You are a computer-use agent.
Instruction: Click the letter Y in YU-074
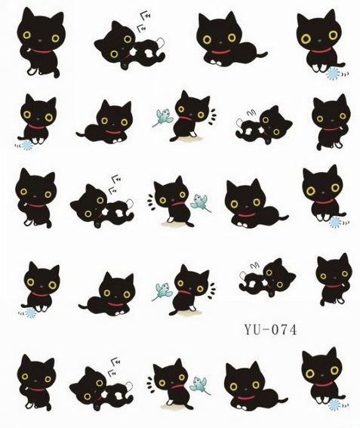[249, 329]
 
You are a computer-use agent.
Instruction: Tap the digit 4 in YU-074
[293, 329]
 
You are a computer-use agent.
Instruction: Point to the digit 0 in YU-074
[275, 329]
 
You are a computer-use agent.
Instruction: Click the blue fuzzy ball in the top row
[333, 74]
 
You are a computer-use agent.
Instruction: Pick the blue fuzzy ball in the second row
[27, 145]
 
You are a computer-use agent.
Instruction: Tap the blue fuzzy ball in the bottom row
[334, 405]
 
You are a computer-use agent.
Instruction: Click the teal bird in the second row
[164, 117]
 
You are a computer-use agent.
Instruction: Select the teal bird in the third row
[201, 202]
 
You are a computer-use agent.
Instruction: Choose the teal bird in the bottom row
[199, 385]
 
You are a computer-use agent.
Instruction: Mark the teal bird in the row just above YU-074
[163, 291]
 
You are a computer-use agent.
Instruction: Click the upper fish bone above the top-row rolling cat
[146, 16]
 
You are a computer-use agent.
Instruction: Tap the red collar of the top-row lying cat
[221, 52]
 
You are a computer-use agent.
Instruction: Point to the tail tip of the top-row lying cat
[266, 54]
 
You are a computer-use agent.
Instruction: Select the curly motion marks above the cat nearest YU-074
[254, 265]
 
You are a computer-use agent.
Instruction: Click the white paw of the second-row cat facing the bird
[193, 134]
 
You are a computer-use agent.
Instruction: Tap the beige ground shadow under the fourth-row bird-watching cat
[186, 312]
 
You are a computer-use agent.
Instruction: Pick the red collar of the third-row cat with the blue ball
[325, 202]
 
